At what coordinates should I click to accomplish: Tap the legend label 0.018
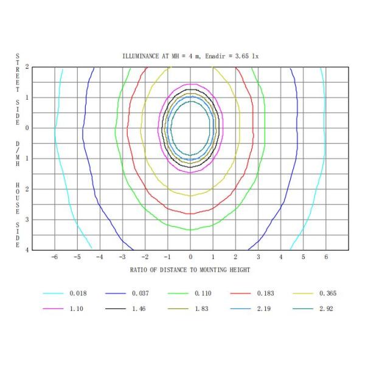[78, 293]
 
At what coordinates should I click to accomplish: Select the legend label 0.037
[141, 293]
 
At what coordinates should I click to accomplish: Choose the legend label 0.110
[203, 293]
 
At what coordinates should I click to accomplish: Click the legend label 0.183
[266, 293]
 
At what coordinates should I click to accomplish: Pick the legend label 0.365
[328, 293]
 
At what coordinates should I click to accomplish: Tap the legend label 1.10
[76, 308]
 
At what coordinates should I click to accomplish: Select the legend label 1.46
[139, 308]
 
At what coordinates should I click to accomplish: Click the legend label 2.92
[326, 308]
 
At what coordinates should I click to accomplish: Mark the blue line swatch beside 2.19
[240, 308]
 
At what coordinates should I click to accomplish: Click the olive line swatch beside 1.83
[178, 308]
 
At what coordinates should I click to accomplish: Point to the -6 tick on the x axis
[54, 258]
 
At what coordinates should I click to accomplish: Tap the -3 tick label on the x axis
[122, 258]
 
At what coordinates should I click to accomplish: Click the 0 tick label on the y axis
[27, 128]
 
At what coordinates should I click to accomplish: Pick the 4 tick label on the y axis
[27, 250]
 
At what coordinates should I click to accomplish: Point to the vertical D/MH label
[17, 152]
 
